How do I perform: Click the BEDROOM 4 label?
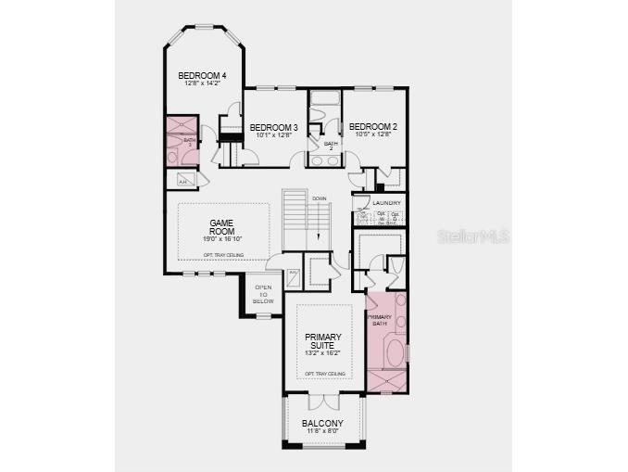[202, 76]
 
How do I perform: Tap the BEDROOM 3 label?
[273, 127]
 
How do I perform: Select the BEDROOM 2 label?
[373, 127]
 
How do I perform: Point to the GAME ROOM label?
[220, 228]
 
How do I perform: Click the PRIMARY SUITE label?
[323, 341]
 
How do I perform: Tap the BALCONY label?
[321, 423]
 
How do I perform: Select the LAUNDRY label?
[386, 202]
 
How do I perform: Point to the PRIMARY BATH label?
[380, 320]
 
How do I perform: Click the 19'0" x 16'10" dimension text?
[220, 239]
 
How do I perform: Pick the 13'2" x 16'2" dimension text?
[323, 353]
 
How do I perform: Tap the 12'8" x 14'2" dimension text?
[202, 84]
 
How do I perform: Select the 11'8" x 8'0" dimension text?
[321, 431]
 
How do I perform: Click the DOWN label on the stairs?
[319, 198]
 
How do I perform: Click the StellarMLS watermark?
[472, 236]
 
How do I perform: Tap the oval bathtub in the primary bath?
[395, 353]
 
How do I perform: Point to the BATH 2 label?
[331, 146]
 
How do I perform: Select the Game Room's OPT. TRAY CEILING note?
[221, 254]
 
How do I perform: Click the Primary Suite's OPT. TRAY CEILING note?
[324, 373]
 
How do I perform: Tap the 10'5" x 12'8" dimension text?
[373, 135]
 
